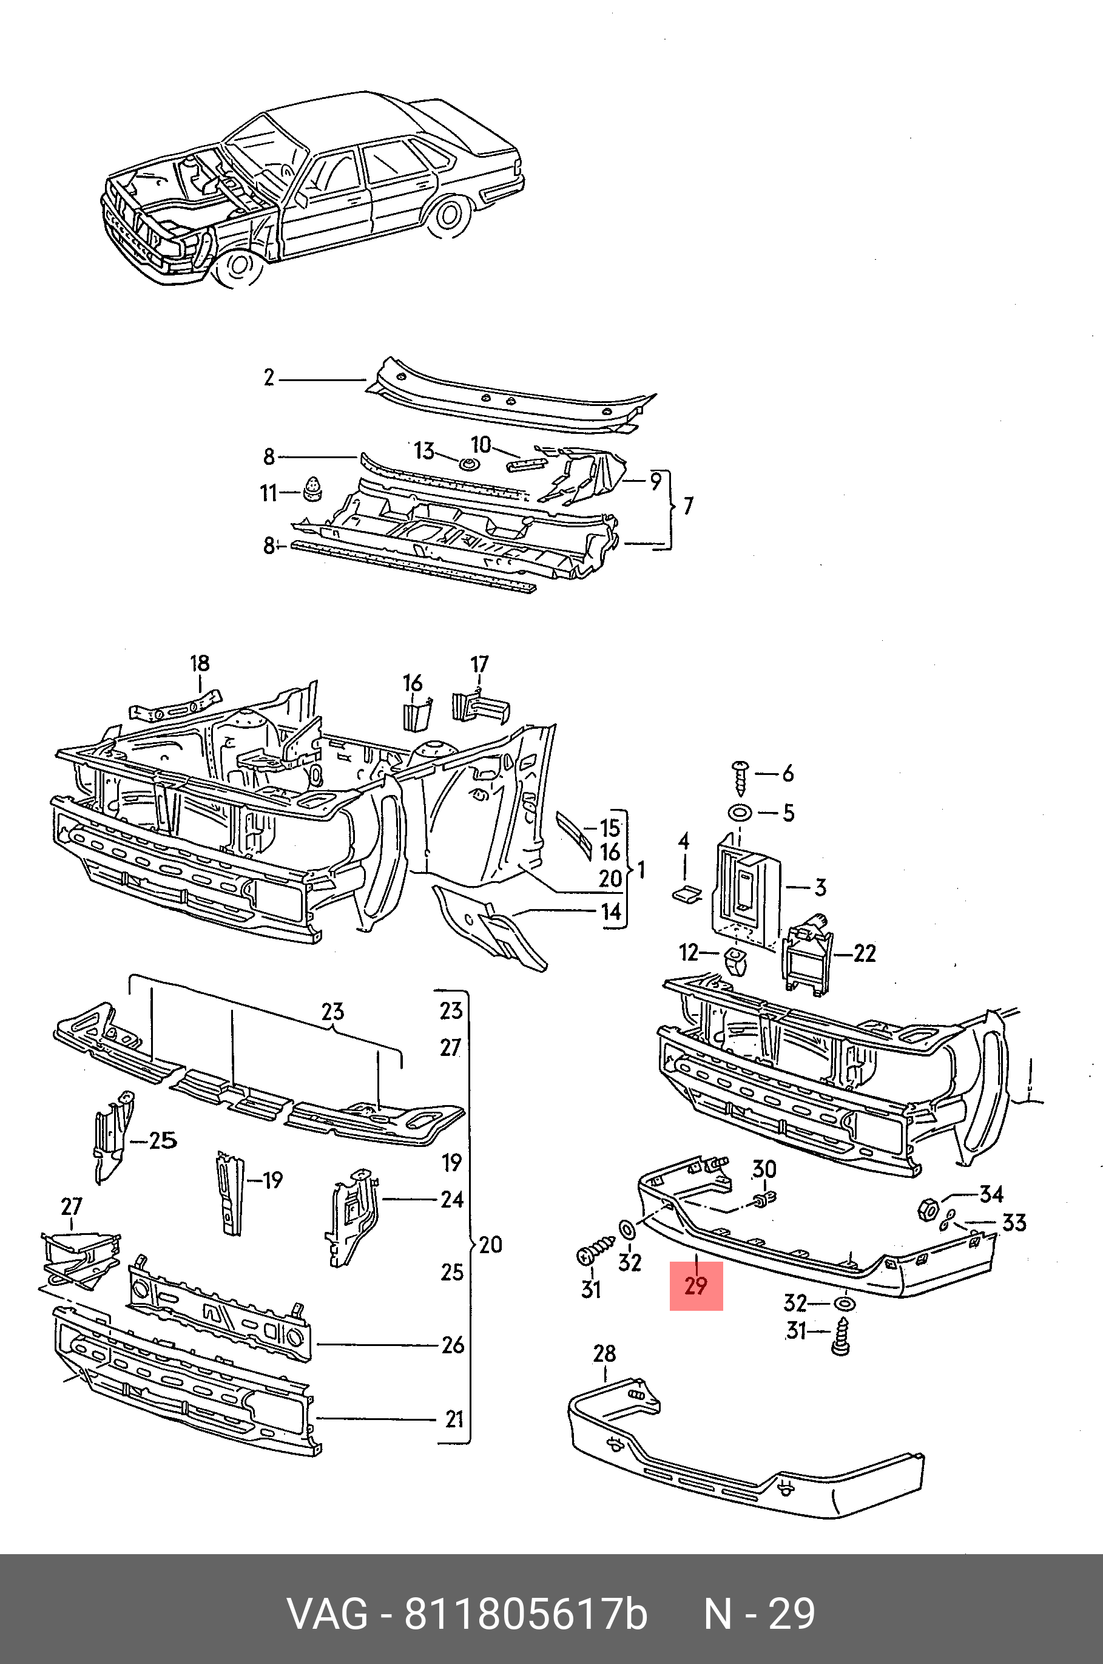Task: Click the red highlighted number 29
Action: pyautogui.click(x=696, y=1285)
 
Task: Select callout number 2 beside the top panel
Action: pyautogui.click(x=269, y=378)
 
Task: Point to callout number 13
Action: pyautogui.click(x=424, y=450)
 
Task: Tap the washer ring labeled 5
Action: pyautogui.click(x=740, y=813)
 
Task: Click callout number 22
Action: pyautogui.click(x=865, y=953)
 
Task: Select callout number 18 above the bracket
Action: pyautogui.click(x=200, y=663)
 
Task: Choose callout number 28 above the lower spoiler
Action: pyautogui.click(x=604, y=1353)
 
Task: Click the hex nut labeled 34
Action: pyautogui.click(x=926, y=1210)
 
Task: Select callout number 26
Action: pyautogui.click(x=453, y=1345)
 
